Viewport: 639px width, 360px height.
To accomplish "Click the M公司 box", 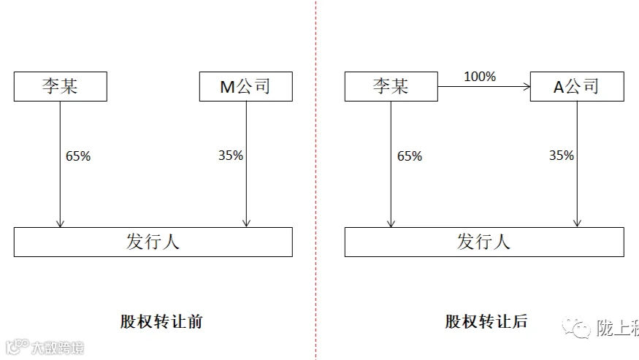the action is [x=245, y=86].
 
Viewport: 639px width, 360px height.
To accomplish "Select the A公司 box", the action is [x=577, y=86].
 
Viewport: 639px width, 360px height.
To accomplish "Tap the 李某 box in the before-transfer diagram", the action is [x=61, y=86].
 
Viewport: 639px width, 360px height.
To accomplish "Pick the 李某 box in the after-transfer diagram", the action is [x=391, y=86].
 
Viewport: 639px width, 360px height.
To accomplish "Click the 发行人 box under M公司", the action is [x=153, y=242].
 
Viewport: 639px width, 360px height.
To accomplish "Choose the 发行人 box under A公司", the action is [x=484, y=242].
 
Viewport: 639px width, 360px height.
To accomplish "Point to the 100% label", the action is [x=480, y=77].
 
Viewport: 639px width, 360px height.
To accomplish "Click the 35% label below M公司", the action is [x=231, y=156].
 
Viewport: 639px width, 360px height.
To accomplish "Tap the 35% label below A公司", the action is [x=562, y=156].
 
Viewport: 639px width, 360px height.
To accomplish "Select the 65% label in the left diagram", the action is [x=78, y=156].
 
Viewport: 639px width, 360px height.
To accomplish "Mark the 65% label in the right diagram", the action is [x=410, y=156].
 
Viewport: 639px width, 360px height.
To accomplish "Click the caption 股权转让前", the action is [x=161, y=322].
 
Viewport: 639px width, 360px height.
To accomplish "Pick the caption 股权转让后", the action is [x=486, y=322].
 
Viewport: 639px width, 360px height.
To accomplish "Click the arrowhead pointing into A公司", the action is [x=527, y=86].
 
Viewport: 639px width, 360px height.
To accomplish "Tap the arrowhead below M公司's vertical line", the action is [x=246, y=223].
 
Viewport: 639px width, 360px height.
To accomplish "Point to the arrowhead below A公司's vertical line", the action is [x=577, y=223].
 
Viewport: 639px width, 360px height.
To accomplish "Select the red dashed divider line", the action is [x=315, y=180].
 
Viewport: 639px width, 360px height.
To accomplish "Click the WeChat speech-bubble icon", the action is [x=576, y=327].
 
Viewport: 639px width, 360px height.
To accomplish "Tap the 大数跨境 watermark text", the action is [x=58, y=348].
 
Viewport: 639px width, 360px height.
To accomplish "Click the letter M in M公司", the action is [x=227, y=87].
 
